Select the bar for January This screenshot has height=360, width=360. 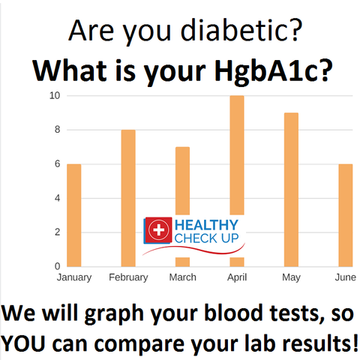74,215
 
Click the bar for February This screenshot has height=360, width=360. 128,198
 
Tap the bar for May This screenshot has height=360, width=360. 291,190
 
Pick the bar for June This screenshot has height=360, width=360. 346,215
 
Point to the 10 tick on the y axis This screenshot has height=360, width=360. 55,95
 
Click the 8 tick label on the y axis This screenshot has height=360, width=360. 58,130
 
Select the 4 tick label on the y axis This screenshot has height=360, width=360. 58,198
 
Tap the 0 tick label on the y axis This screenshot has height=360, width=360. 58,266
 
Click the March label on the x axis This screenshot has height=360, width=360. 183,277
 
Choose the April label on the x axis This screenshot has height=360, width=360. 237,277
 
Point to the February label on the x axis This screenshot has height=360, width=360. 128,277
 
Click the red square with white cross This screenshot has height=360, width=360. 158,229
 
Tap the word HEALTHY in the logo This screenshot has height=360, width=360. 206,225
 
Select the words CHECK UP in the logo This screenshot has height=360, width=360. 206,238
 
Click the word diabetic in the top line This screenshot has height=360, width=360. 234,30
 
